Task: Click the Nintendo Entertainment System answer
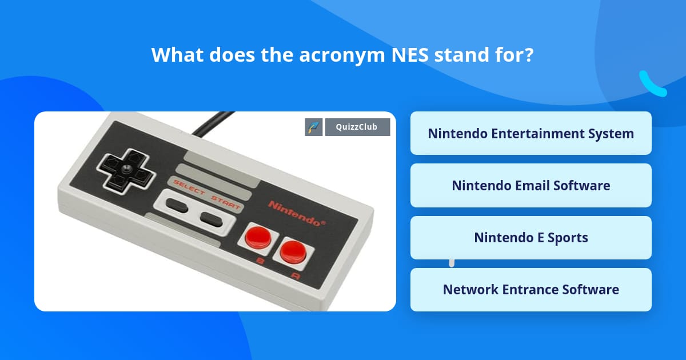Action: point(531,133)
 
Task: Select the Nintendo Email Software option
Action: point(531,185)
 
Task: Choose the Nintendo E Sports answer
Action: point(531,237)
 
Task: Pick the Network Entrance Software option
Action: point(531,289)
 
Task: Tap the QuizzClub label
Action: point(357,127)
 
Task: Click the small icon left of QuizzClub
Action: point(314,127)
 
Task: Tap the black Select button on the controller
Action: point(177,205)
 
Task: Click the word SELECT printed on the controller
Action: point(189,187)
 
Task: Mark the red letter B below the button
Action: point(261,262)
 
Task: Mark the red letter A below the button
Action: point(296,276)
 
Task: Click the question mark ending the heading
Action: point(529,55)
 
